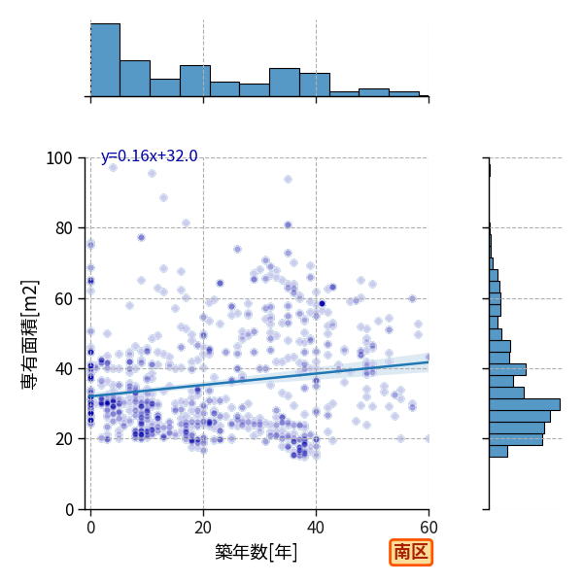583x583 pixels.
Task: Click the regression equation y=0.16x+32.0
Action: click(149, 155)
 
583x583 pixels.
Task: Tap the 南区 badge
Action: click(411, 552)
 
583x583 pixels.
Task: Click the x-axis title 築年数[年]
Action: click(257, 552)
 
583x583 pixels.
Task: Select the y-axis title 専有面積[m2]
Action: click(30, 334)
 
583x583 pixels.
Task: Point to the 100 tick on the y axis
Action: click(59, 158)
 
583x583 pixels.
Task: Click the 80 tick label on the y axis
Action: click(63, 228)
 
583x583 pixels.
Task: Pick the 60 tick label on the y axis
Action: click(63, 298)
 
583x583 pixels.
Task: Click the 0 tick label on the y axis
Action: click(69, 509)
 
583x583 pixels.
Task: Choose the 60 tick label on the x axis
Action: click(429, 528)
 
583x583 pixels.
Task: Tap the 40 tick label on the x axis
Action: click(316, 528)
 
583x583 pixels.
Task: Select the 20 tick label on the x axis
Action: click(203, 528)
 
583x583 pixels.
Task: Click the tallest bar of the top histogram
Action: click(106, 60)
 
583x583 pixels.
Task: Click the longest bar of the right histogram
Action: click(525, 404)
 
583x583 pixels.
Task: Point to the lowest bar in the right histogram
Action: click(498, 452)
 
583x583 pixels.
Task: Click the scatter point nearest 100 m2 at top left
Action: click(113, 168)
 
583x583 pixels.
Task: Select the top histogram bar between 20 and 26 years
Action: click(225, 89)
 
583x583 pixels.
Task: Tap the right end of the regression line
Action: click(429, 361)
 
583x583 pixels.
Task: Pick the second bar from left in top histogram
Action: click(135, 79)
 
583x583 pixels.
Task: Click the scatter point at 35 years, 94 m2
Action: click(288, 180)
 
